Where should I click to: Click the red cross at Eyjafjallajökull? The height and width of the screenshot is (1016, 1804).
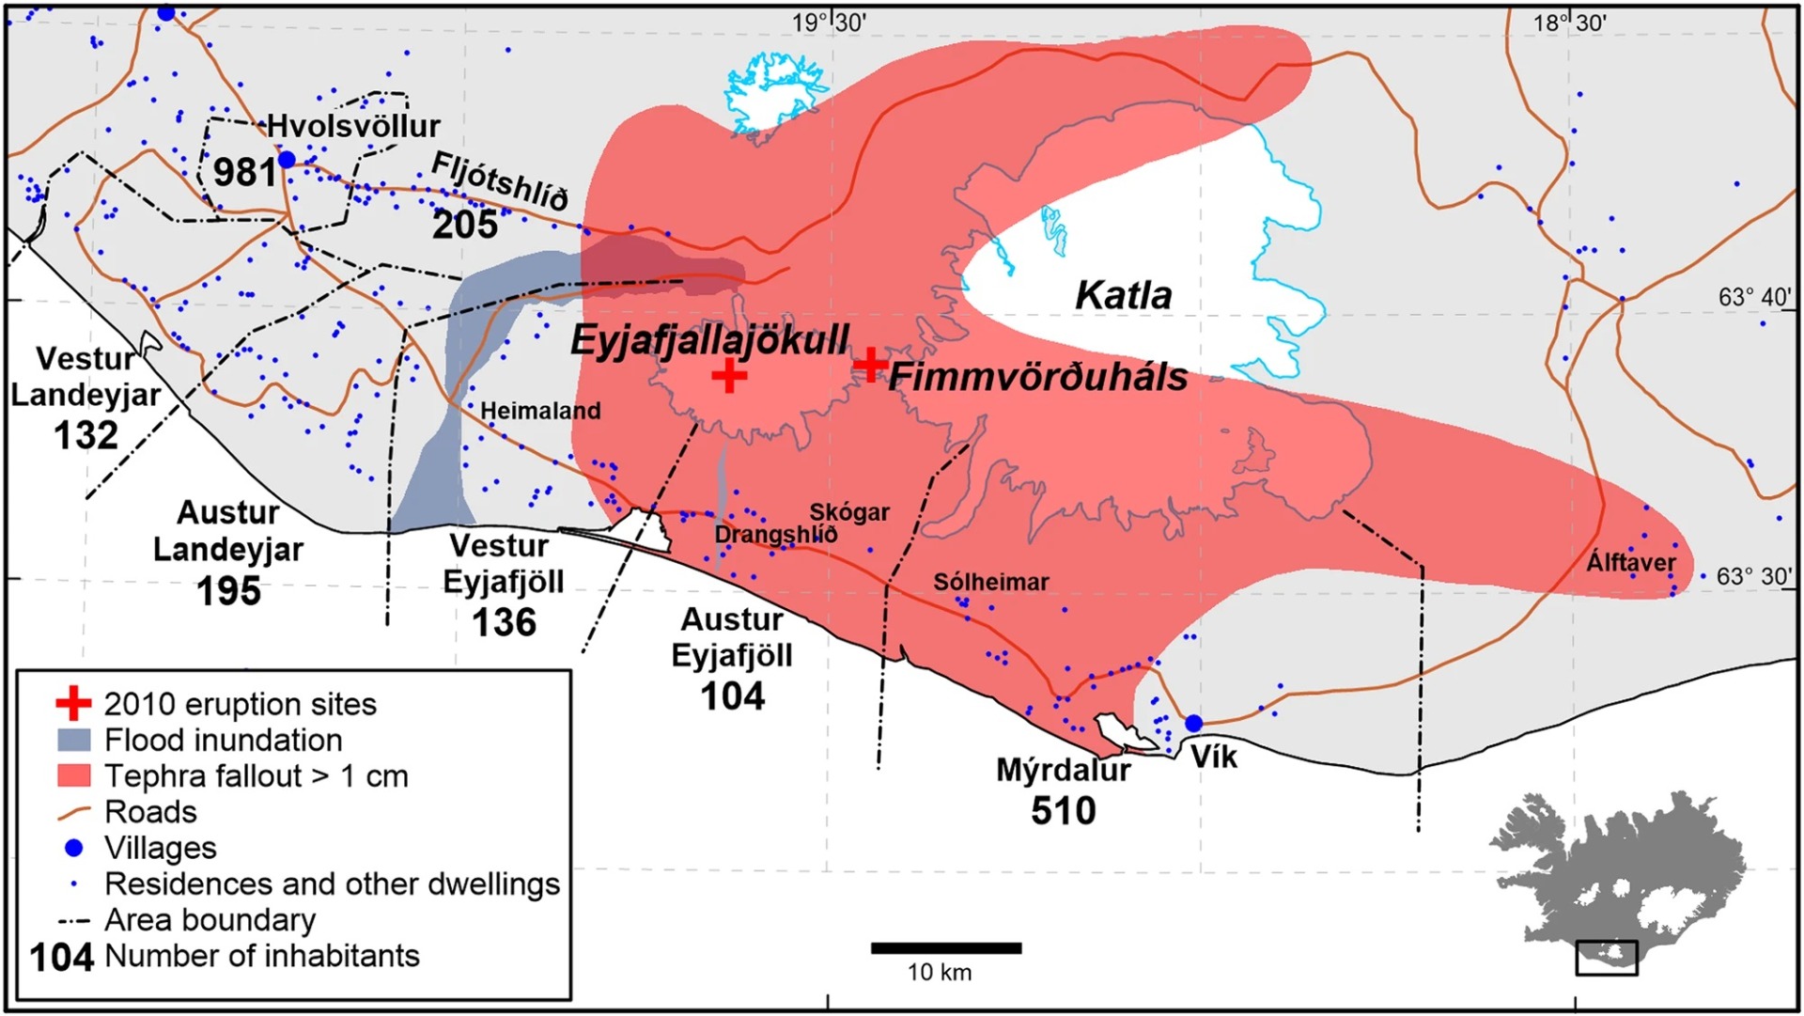(728, 376)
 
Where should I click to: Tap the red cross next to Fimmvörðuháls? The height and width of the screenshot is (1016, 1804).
(870, 364)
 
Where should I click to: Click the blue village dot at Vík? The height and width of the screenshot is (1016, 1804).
(1193, 723)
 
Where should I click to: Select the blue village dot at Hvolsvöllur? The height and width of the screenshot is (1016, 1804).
(287, 160)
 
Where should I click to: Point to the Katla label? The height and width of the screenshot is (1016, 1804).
(1123, 296)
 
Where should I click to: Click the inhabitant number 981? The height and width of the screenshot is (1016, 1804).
(244, 172)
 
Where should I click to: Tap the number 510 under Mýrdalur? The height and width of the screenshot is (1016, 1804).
(1063, 810)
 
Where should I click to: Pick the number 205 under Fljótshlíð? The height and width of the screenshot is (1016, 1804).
(464, 225)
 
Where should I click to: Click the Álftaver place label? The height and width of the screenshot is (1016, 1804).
(1630, 563)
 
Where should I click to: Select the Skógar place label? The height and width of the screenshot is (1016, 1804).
(848, 512)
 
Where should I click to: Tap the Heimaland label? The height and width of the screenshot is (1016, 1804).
(540, 411)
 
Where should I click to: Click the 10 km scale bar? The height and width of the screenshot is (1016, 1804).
(945, 948)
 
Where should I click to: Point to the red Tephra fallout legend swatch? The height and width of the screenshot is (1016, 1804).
(74, 775)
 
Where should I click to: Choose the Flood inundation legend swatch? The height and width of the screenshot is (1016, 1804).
(74, 740)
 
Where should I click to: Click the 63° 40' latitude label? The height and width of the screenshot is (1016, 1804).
(1754, 297)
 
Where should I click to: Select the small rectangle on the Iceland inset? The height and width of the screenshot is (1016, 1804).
(1606, 958)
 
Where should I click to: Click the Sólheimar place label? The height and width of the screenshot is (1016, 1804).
(990, 582)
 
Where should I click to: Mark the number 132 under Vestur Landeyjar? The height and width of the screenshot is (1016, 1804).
(86, 435)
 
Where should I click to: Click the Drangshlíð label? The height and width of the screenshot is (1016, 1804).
(775, 535)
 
